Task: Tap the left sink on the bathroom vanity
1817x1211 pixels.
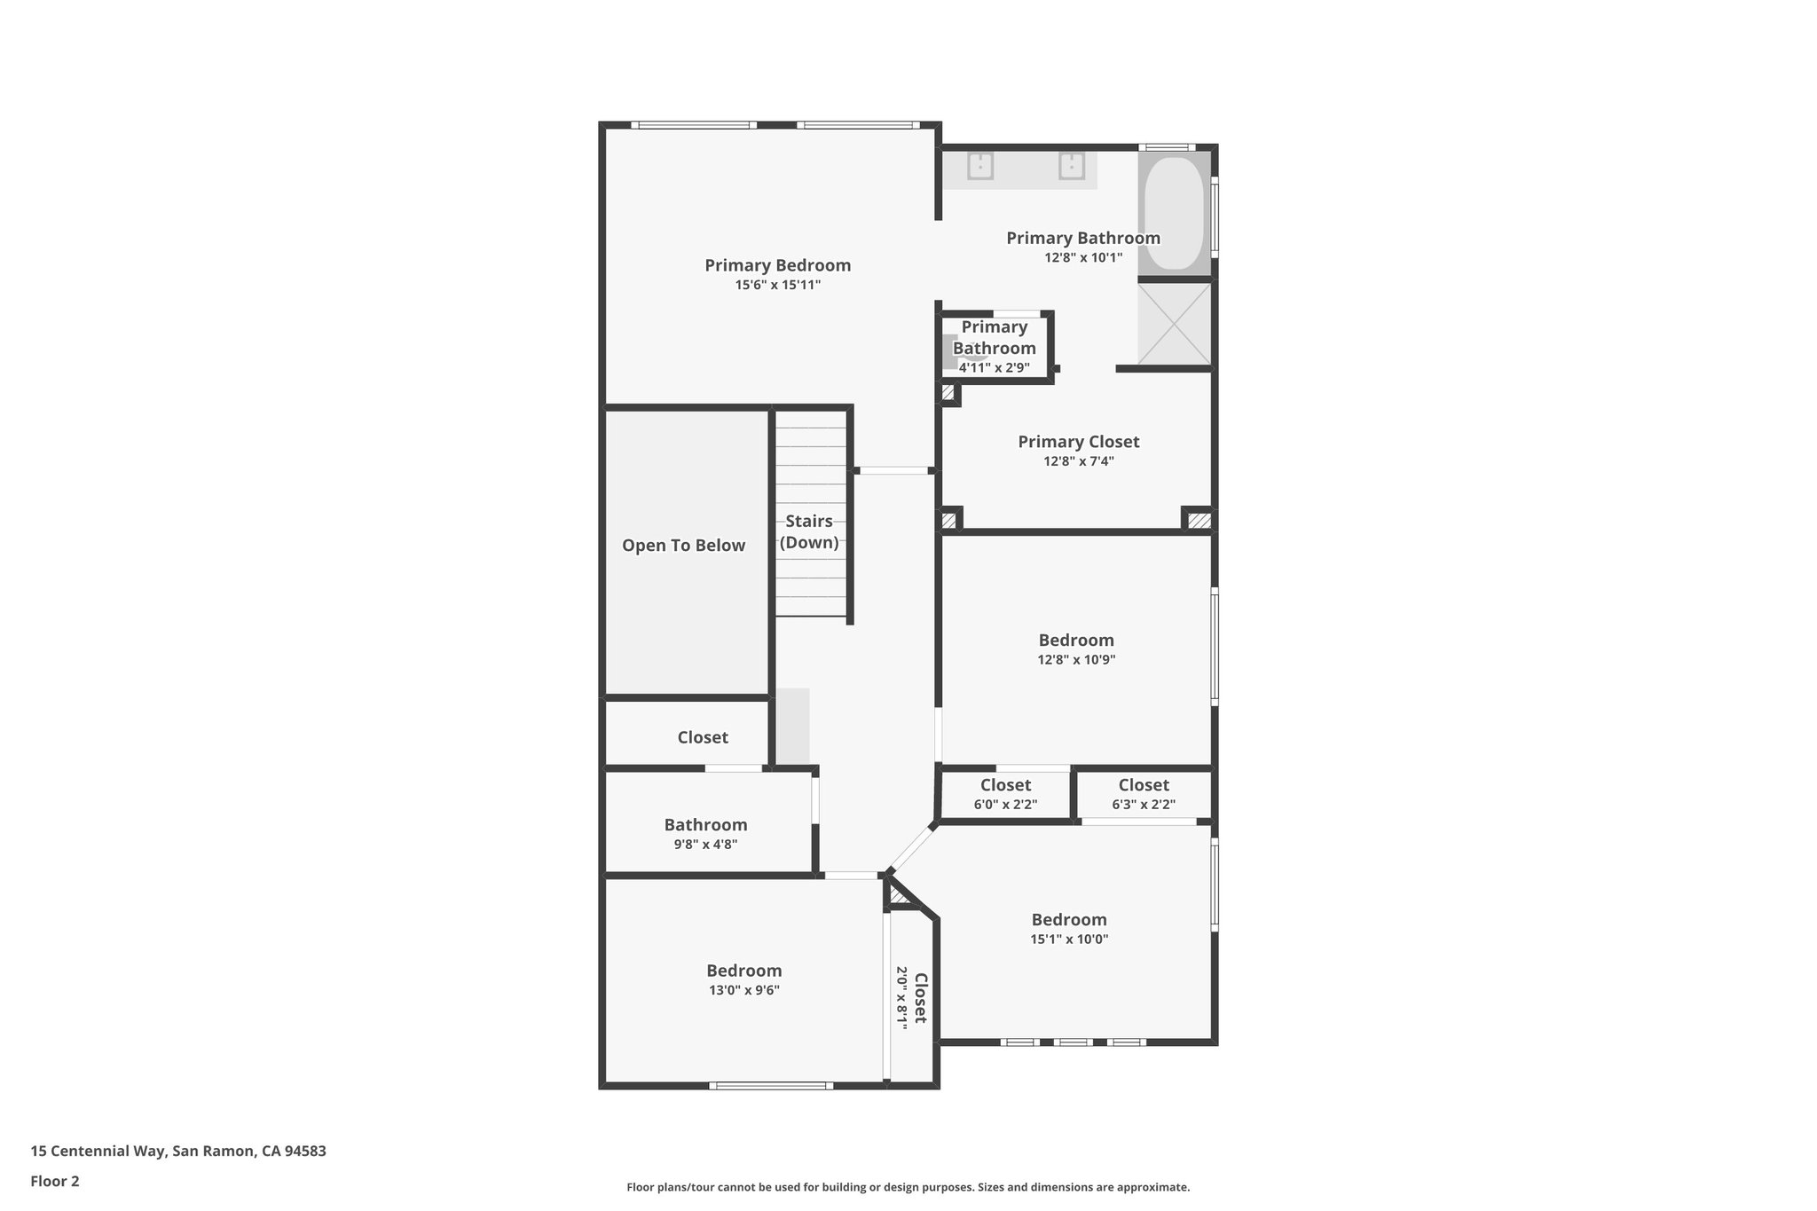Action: point(979,166)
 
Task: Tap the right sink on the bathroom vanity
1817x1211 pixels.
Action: point(1072,166)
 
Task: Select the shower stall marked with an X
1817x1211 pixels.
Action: point(1175,323)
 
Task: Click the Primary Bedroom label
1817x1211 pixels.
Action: point(777,265)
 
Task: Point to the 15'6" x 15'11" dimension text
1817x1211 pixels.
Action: point(777,285)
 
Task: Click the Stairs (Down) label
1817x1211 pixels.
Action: point(809,531)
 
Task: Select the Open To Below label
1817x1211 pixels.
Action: point(683,546)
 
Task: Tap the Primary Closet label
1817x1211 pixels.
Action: point(1078,442)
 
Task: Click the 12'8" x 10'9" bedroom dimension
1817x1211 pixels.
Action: point(1076,660)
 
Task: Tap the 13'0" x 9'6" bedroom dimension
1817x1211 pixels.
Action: point(743,990)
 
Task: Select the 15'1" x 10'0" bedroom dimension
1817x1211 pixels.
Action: point(1069,940)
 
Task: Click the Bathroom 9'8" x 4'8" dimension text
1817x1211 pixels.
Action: point(705,845)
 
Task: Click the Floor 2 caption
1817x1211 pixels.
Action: point(55,1181)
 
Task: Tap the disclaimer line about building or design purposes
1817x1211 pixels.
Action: point(908,1187)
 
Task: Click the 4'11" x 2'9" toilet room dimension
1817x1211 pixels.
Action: point(994,367)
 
